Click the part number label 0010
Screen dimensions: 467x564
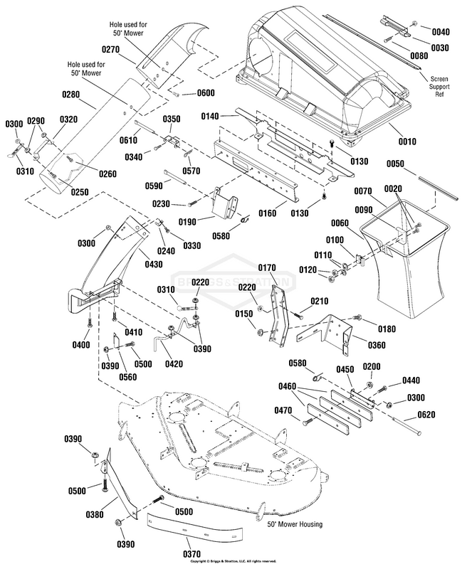[x=407, y=142]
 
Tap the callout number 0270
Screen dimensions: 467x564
[x=110, y=49]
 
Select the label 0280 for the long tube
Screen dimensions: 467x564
[x=71, y=95]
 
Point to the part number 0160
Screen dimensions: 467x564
[x=268, y=213]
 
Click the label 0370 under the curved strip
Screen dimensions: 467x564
[x=192, y=554]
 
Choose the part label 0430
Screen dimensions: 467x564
[x=154, y=265]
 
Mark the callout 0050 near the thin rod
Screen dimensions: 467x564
[x=395, y=164]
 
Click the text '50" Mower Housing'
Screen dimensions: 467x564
[x=295, y=524]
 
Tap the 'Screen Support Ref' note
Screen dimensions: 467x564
[x=439, y=86]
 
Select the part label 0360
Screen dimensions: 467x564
[x=377, y=346]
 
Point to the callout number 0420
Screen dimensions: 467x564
[x=174, y=364]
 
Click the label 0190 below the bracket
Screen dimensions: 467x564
[x=188, y=222]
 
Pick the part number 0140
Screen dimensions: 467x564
[x=210, y=116]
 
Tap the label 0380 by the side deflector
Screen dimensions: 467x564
[x=95, y=514]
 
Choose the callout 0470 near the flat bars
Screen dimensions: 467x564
[x=283, y=410]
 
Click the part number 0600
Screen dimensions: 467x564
[x=206, y=93]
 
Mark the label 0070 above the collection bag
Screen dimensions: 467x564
[x=363, y=191]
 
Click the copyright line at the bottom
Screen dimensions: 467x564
[x=233, y=561]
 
